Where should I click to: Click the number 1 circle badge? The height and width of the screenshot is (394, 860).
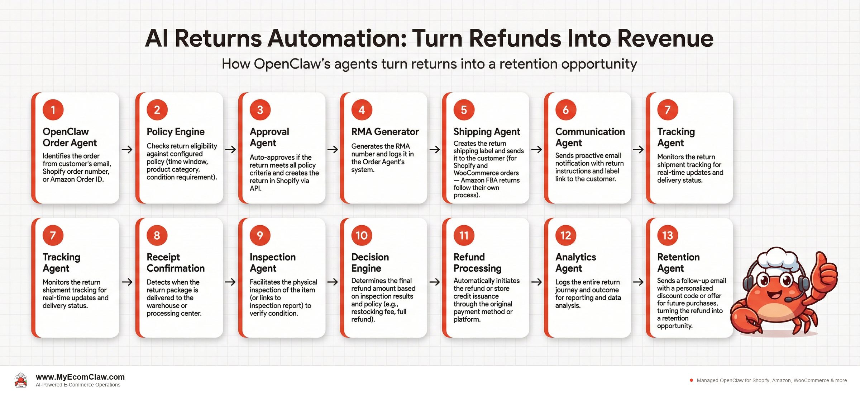[53, 110]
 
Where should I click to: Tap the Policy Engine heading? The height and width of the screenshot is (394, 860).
[175, 132]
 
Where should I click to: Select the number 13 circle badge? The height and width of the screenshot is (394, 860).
[667, 235]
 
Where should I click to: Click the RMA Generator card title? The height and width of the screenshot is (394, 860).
[385, 132]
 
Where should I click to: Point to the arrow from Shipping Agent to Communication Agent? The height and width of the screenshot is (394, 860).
[536, 149]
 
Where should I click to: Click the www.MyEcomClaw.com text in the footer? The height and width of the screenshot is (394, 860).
[80, 377]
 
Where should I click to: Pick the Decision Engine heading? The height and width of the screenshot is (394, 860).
[370, 262]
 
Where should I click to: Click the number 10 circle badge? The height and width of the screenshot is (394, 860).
[362, 235]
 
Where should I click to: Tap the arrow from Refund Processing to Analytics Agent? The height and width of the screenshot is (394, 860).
[536, 282]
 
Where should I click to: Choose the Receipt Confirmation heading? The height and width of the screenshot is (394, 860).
[175, 262]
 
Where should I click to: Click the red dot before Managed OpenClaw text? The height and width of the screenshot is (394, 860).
[691, 380]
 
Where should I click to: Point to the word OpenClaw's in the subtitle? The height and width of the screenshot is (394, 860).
[292, 64]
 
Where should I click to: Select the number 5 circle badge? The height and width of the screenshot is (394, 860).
[464, 110]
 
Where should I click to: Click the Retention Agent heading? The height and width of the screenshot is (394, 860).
[678, 262]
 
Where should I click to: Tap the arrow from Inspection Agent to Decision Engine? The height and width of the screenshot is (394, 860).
[333, 282]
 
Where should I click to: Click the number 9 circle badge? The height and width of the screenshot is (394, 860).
[260, 235]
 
